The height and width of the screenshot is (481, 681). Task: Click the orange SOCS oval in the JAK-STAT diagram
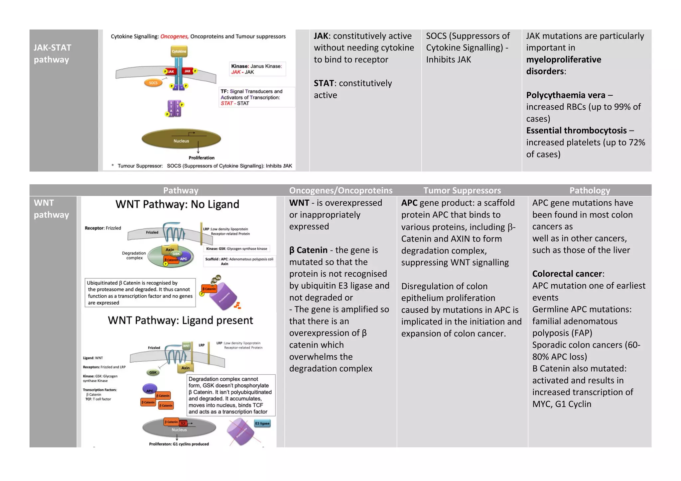(x=153, y=83)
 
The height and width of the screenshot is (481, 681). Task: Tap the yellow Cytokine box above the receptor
(x=179, y=51)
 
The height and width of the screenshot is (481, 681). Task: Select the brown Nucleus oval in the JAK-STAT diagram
(x=181, y=139)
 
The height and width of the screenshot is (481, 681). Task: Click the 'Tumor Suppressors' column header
(x=462, y=190)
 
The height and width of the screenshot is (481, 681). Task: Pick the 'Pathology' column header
(x=590, y=190)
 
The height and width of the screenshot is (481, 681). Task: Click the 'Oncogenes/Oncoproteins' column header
(x=340, y=190)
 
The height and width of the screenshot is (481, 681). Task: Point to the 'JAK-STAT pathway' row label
(x=52, y=53)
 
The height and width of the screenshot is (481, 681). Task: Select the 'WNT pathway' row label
(x=51, y=209)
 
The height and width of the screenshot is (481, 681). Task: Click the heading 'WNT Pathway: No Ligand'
(x=177, y=204)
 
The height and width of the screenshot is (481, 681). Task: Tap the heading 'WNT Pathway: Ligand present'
(x=180, y=321)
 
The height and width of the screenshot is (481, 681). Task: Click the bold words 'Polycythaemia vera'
(x=565, y=95)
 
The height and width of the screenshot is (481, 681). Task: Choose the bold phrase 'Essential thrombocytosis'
(x=576, y=131)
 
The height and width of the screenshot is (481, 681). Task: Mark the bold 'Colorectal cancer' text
(x=567, y=274)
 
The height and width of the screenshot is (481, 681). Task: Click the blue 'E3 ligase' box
(x=262, y=423)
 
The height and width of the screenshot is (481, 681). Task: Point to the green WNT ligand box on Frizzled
(x=186, y=345)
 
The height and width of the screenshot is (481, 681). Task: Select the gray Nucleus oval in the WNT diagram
(x=179, y=428)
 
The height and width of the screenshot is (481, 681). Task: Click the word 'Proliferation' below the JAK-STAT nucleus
(x=202, y=158)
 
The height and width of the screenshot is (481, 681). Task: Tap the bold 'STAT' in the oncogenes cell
(x=324, y=83)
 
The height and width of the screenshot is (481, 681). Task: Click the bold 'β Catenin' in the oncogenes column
(x=308, y=250)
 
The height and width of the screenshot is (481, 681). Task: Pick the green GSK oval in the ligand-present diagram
(x=153, y=372)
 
